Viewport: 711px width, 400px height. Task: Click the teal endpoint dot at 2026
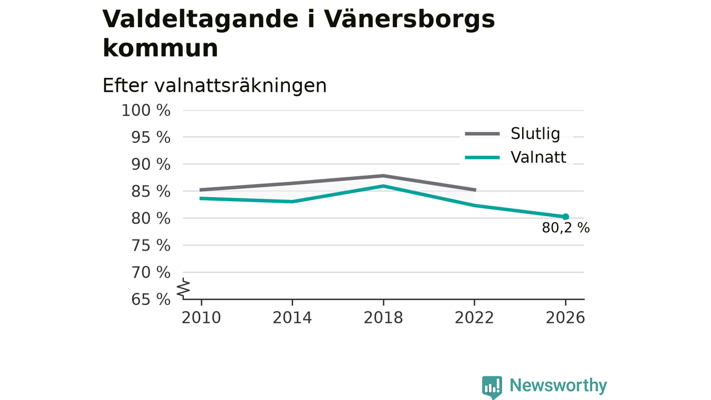[x=565, y=217]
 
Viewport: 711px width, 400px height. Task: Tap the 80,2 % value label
[x=565, y=228]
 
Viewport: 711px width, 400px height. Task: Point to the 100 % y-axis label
[x=146, y=111]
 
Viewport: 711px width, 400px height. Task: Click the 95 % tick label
[x=151, y=138]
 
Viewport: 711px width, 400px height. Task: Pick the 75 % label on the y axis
[x=151, y=246]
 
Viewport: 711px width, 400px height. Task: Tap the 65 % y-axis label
[x=151, y=299]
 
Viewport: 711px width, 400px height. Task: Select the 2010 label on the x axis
[x=201, y=318]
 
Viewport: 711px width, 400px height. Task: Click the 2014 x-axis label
[x=292, y=318]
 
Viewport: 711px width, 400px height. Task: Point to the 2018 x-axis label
[x=383, y=318]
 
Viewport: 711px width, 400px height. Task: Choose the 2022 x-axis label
[x=474, y=318]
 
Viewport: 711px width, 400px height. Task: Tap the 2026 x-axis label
[x=565, y=318]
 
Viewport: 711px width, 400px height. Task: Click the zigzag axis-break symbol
[x=183, y=288]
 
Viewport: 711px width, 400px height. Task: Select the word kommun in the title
[x=161, y=48]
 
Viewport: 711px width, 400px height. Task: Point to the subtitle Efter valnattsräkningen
[x=214, y=86]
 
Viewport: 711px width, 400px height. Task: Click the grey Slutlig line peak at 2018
[x=383, y=176]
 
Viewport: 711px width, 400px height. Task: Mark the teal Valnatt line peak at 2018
[x=383, y=186]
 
